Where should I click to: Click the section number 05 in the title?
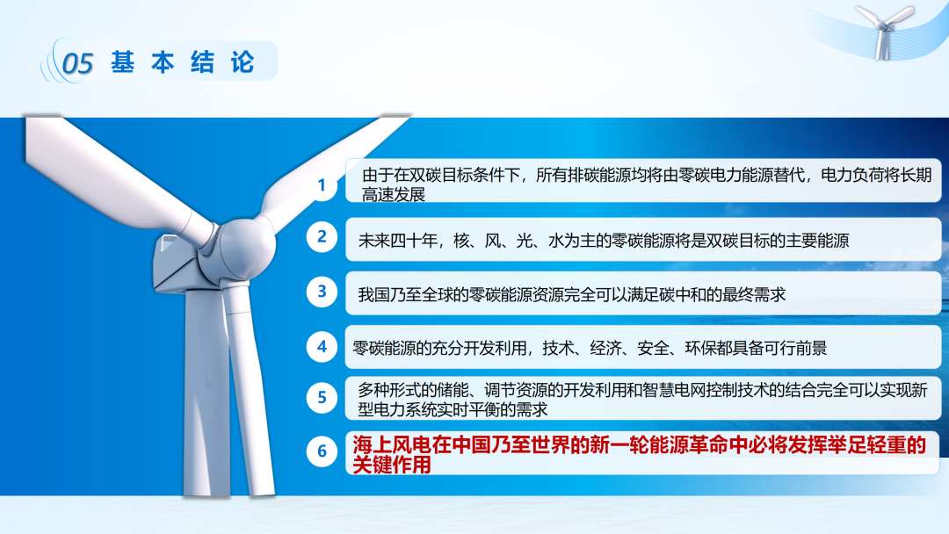(x=78, y=63)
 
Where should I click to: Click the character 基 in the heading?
(x=122, y=62)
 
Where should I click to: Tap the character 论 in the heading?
(x=243, y=62)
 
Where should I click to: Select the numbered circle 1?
(x=322, y=185)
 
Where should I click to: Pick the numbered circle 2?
(x=322, y=236)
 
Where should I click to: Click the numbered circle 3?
(x=322, y=292)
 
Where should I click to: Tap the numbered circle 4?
(x=322, y=347)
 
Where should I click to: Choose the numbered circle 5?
(x=322, y=397)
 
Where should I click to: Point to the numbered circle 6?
(x=322, y=451)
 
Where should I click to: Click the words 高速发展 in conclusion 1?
(x=394, y=195)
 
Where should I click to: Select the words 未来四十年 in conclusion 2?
(x=398, y=241)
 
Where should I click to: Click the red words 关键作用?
(x=392, y=465)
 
